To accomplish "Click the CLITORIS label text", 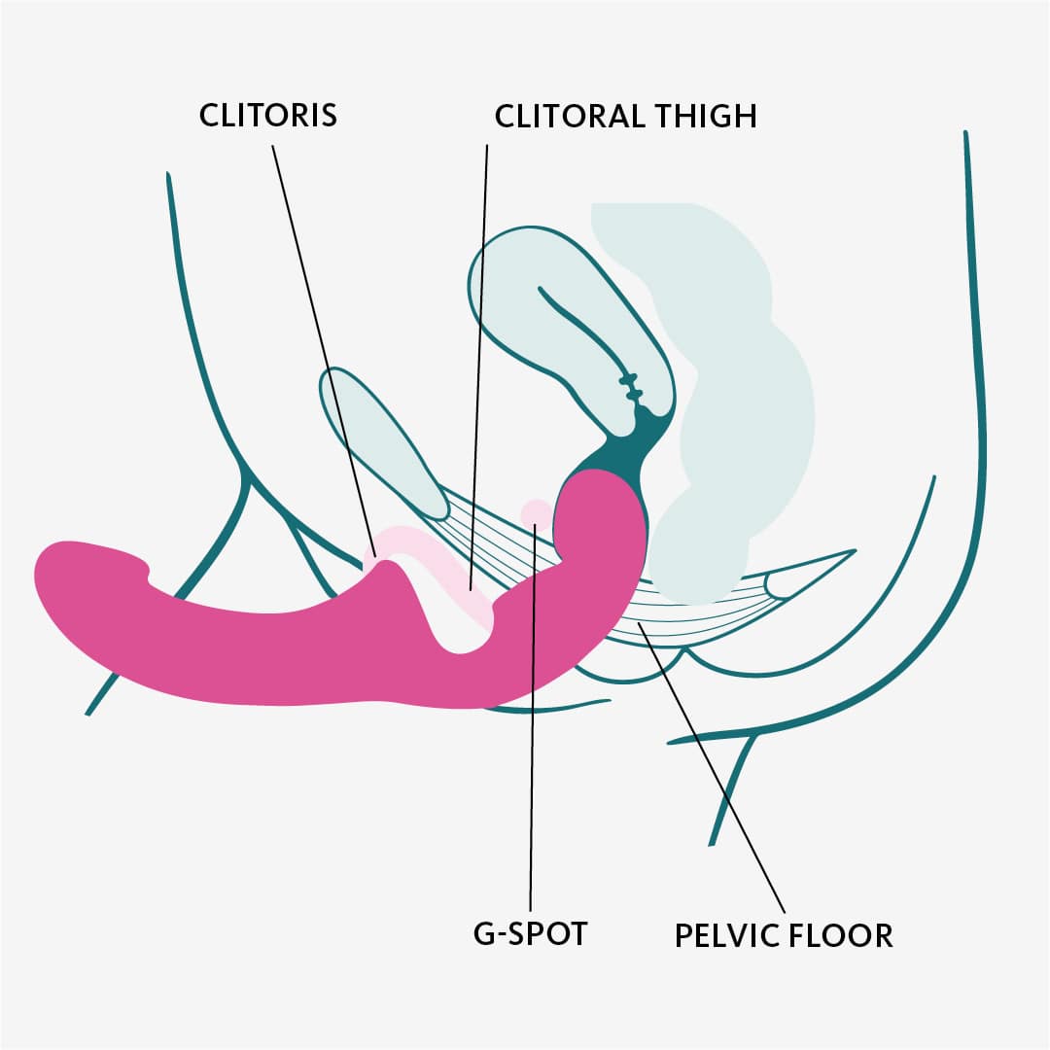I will click(x=268, y=115).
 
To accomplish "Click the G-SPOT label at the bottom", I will click(x=531, y=934).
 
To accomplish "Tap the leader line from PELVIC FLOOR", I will click(x=719, y=778).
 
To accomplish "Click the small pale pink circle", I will click(x=534, y=511).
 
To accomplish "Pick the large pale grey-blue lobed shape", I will click(x=739, y=389).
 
